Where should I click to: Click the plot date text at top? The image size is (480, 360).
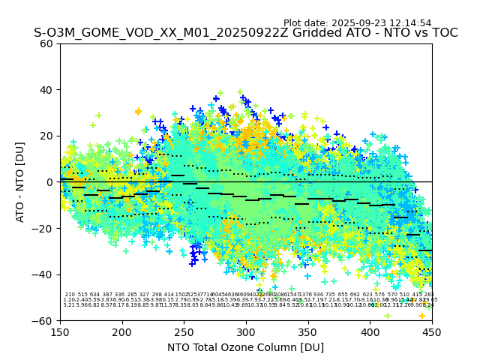357,23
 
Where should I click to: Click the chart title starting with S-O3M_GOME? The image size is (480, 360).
245,33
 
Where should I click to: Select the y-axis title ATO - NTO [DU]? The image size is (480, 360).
20,182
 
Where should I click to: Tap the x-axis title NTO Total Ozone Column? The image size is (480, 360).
245,347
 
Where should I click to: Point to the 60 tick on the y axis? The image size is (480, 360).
47,43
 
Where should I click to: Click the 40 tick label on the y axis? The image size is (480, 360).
47,90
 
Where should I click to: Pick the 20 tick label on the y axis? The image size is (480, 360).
47,136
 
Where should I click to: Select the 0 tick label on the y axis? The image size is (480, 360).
50,182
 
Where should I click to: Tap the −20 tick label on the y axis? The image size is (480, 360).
44,228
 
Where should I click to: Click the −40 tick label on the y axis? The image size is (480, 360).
44,274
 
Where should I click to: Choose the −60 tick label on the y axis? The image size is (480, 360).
44,320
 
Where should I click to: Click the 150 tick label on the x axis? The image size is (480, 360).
60,331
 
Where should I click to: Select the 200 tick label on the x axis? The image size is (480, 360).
122,331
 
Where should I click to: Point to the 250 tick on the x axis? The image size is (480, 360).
184,331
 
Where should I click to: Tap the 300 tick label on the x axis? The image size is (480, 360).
246,331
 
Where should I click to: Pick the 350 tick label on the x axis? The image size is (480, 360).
308,331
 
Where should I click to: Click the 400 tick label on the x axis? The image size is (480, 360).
370,331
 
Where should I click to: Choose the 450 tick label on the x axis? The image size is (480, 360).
432,331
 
